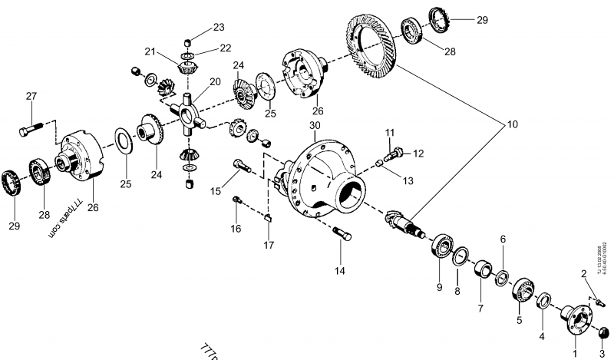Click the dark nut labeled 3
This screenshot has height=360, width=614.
(x=602, y=332)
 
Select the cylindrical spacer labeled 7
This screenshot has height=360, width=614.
(x=484, y=272)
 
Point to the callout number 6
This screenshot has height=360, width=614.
(x=503, y=239)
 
